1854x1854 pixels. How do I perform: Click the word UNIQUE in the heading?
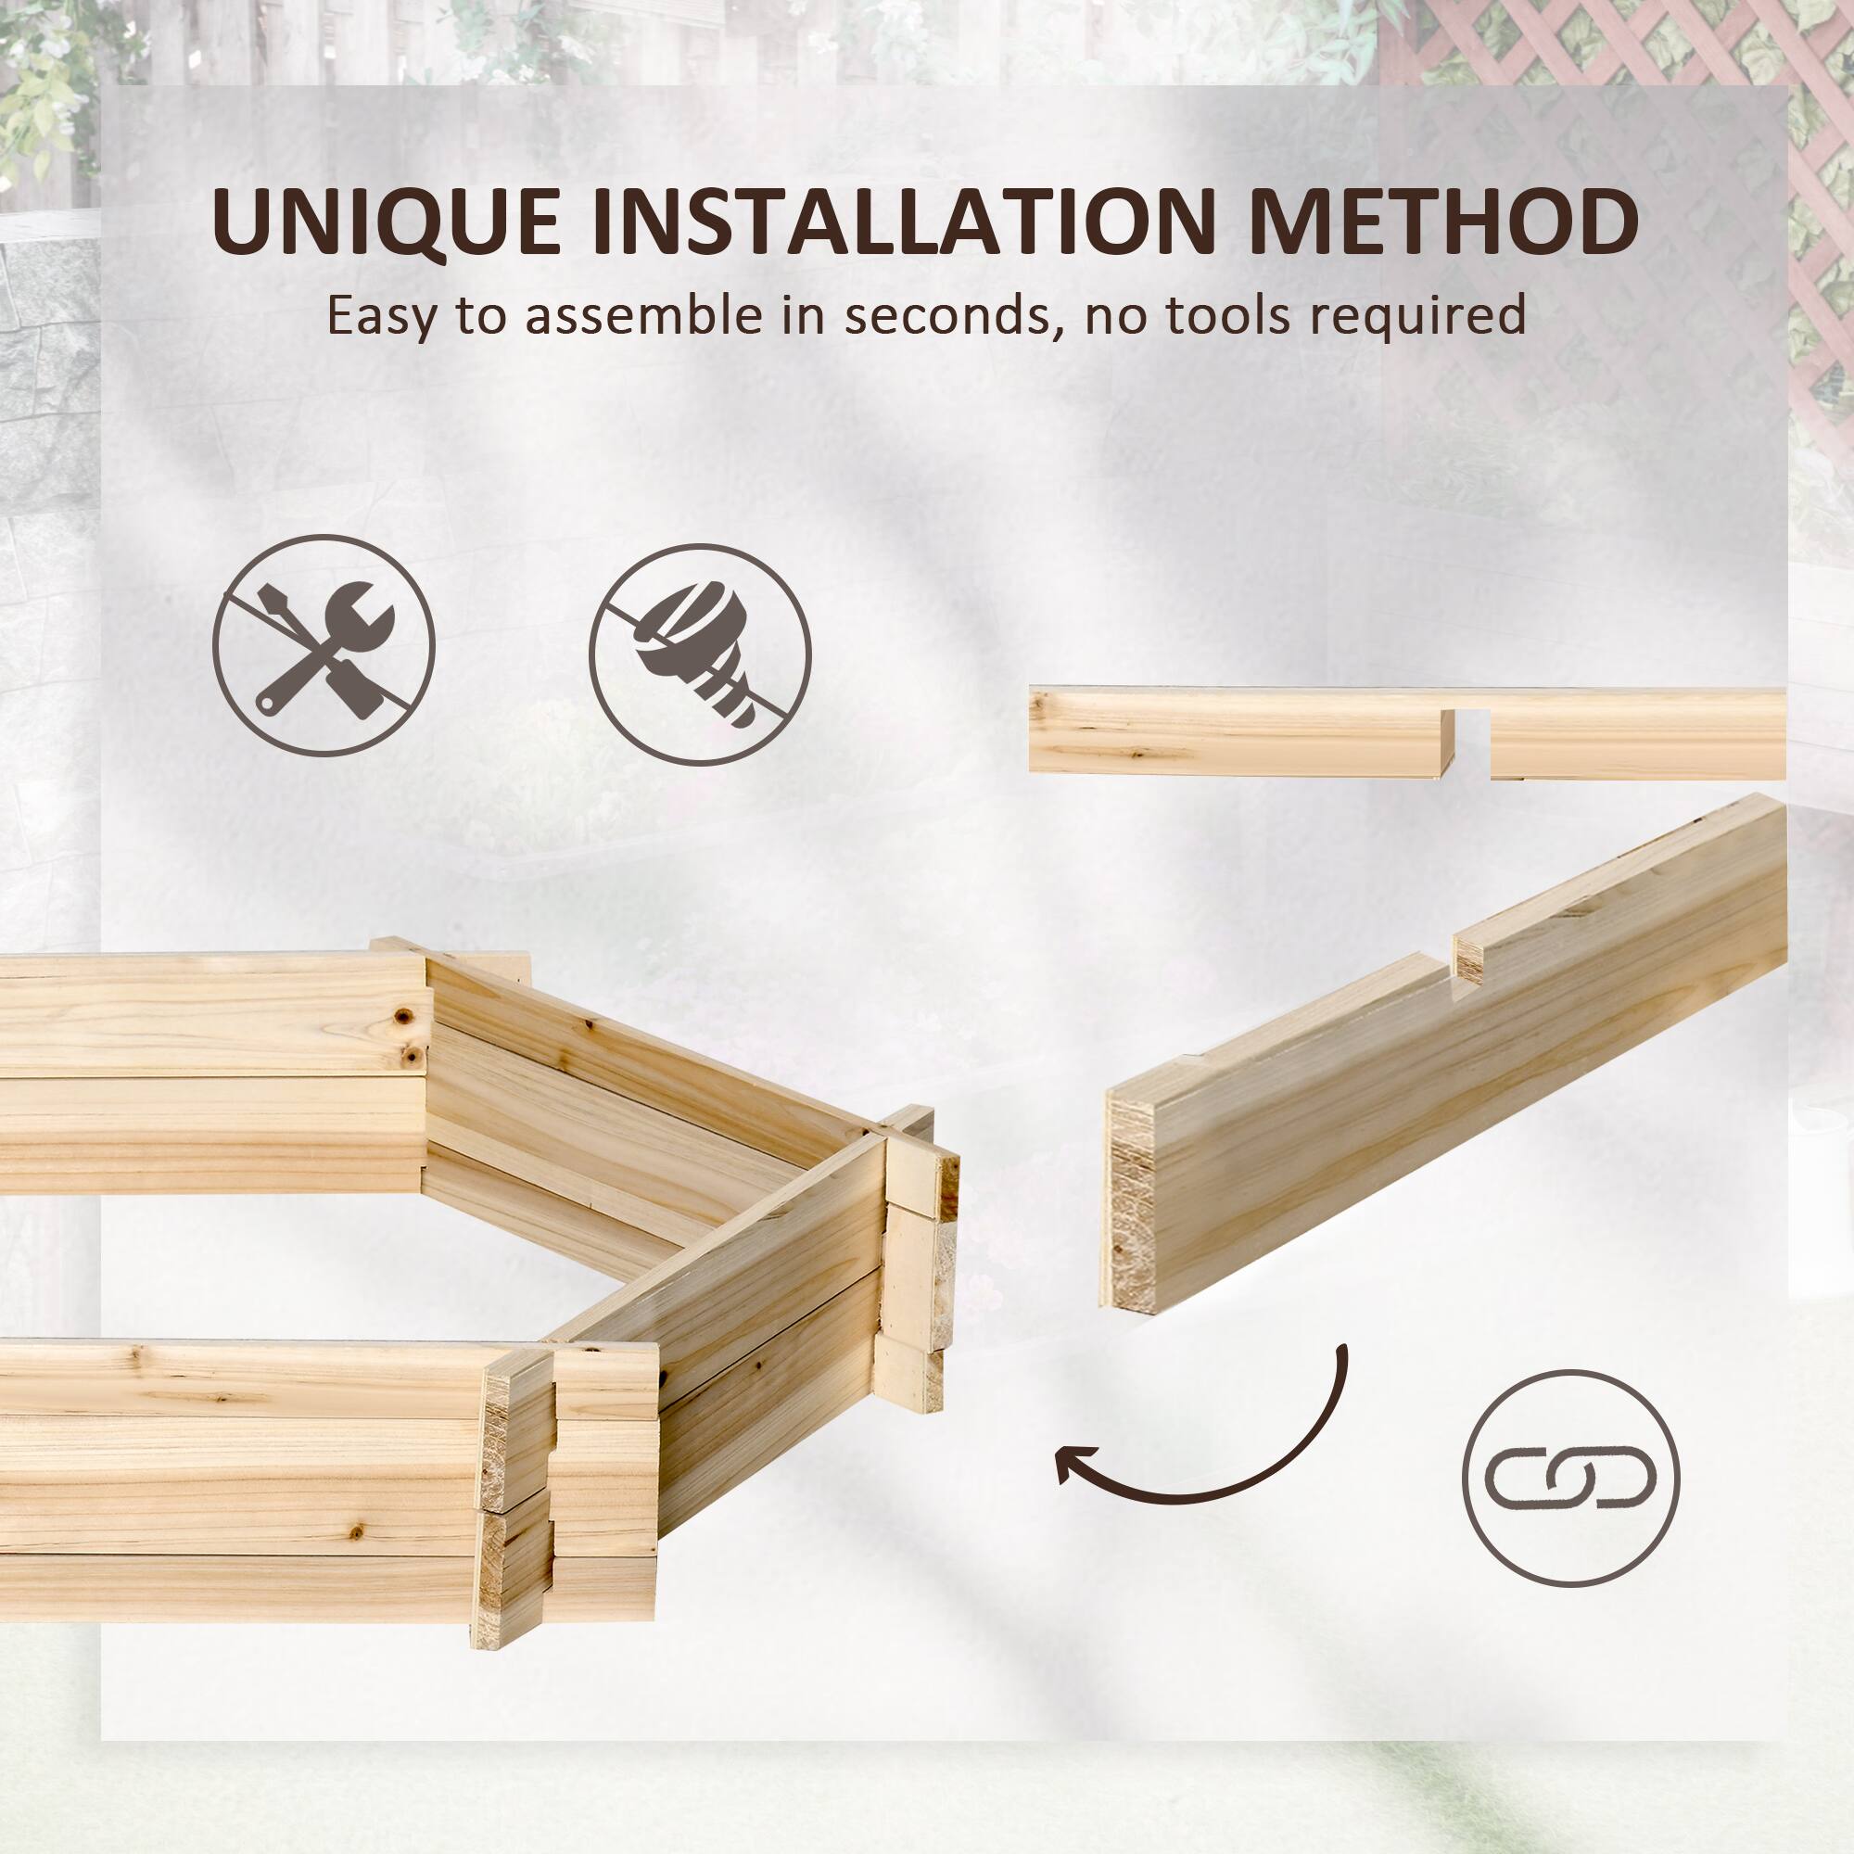[x=385, y=222]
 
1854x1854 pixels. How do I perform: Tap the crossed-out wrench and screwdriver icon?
[x=324, y=647]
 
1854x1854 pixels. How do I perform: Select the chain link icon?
[x=1571, y=1478]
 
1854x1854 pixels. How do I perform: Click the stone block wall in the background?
[x=48, y=384]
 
